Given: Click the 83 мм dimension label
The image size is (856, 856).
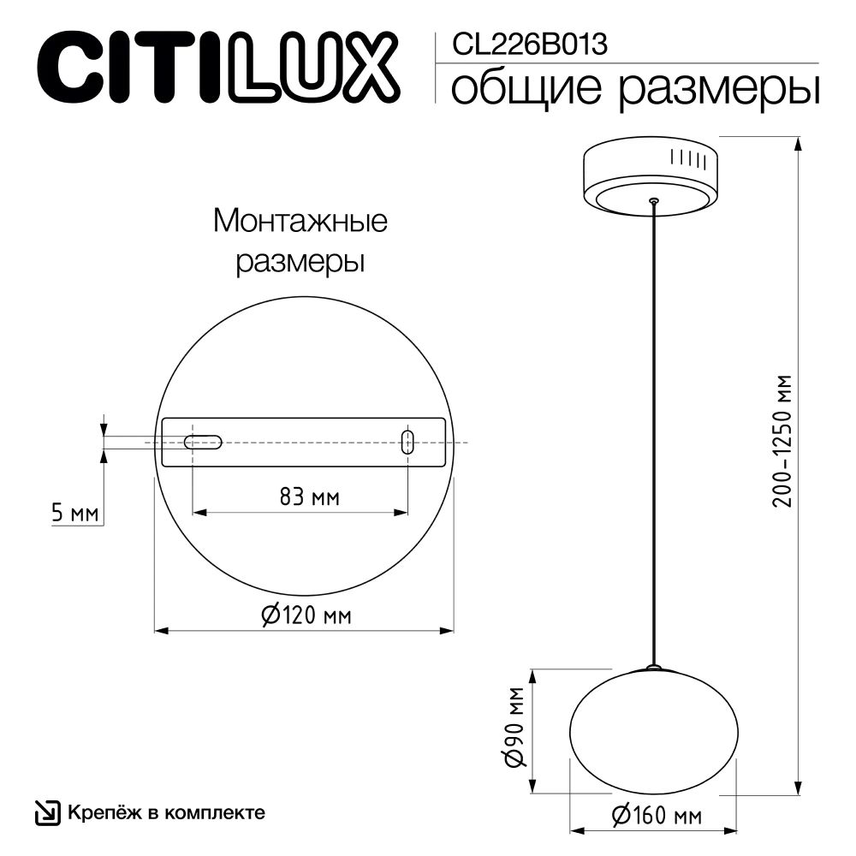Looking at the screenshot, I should click(x=300, y=497).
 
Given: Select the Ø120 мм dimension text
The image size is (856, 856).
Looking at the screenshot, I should click(x=305, y=615).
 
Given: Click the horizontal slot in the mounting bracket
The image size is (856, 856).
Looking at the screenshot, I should click(x=203, y=443).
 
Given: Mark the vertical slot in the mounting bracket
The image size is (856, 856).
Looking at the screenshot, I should click(x=408, y=443).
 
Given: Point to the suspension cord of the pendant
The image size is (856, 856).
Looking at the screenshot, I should click(x=654, y=428).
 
